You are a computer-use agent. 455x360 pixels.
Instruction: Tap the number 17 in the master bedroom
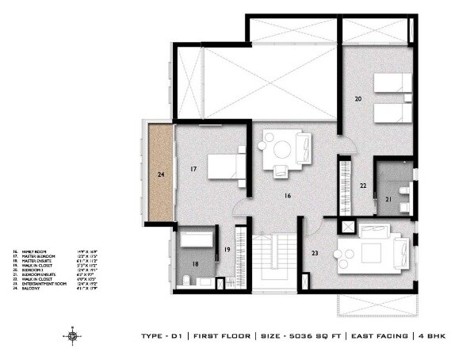coord(193,169)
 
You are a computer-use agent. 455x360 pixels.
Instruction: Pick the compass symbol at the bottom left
coord(73,336)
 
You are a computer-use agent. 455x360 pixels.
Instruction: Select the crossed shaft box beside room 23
coord(346,226)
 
